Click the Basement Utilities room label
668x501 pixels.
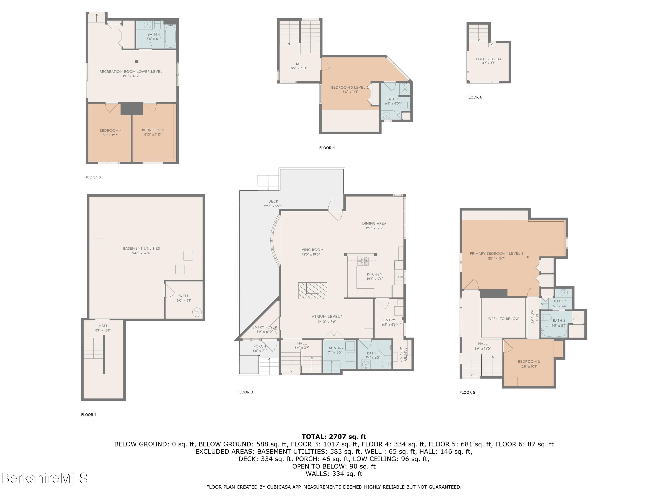[x=141, y=248]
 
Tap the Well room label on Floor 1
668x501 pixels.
[x=184, y=296]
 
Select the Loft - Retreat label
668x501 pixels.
[x=489, y=59]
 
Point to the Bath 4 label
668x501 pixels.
[x=154, y=35]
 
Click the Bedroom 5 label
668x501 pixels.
[x=153, y=130]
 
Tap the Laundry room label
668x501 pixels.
[x=335, y=348]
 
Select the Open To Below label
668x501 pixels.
[x=503, y=319]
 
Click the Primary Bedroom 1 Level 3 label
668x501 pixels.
[x=497, y=254]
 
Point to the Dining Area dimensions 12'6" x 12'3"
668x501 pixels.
[x=374, y=228]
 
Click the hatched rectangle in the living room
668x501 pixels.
[x=313, y=291]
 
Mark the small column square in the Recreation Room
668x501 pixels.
[x=137, y=61]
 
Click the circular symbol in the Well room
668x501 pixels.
[x=197, y=312]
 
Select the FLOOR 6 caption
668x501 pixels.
[x=475, y=97]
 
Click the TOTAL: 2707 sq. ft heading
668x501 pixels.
[x=334, y=437]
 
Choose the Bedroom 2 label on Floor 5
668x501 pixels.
[x=529, y=361]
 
